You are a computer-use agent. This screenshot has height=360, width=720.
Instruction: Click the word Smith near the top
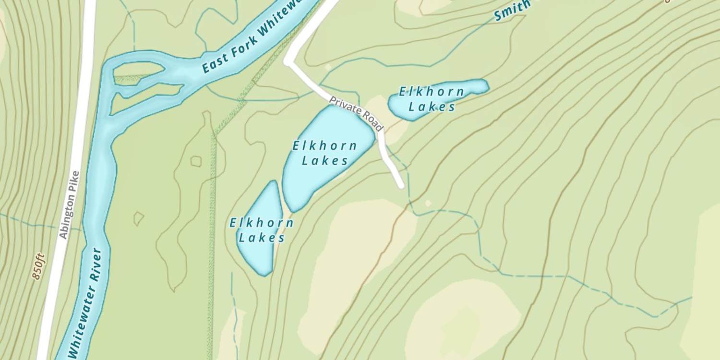(512, 11)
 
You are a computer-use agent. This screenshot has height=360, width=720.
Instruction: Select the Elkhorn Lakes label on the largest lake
(325, 153)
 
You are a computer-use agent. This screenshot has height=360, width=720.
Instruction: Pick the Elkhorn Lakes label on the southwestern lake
(262, 230)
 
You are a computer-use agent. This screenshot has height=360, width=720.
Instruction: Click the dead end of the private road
(400, 185)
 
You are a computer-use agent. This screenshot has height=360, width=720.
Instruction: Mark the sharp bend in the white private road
(288, 62)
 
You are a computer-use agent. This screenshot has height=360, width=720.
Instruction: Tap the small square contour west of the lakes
(196, 161)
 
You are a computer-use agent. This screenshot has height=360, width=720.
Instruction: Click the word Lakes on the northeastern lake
(432, 107)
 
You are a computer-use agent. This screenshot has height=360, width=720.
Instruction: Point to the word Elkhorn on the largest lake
(325, 145)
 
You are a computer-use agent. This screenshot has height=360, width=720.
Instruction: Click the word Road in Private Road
(372, 122)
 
